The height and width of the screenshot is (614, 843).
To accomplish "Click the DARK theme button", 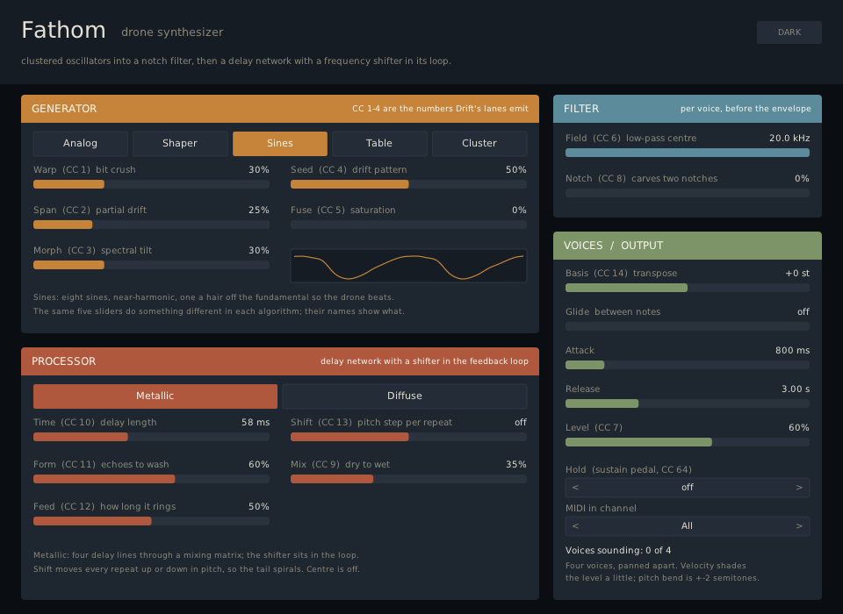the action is [x=789, y=32].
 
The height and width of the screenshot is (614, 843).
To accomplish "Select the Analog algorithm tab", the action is [x=80, y=144].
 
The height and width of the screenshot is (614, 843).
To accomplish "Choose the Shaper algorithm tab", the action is [x=179, y=144].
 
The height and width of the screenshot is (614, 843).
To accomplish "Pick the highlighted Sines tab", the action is [x=279, y=144].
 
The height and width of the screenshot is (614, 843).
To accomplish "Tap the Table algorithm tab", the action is [x=379, y=144].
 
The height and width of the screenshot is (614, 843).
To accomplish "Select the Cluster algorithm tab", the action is [x=479, y=144].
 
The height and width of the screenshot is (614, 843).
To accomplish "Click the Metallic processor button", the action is [x=155, y=396].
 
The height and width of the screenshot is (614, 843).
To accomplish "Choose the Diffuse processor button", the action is [x=404, y=396].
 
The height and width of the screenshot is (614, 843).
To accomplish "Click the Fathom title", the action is [x=63, y=30].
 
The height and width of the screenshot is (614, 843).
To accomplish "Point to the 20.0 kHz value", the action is [x=789, y=138].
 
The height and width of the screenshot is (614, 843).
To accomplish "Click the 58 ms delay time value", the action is [x=256, y=422].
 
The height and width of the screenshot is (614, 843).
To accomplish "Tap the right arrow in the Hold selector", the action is [x=799, y=487].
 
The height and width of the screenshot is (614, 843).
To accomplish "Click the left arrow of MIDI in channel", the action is [x=575, y=526].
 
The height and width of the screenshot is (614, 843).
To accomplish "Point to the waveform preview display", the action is [x=408, y=266].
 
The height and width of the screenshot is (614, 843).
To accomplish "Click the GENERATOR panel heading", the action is [x=64, y=109].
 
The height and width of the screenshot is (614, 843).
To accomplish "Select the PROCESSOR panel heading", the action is [x=63, y=361].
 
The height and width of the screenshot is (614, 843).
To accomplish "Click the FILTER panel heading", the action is [x=581, y=109].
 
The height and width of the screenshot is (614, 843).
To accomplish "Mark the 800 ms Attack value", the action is [x=792, y=350].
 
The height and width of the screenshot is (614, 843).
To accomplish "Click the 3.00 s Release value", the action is [x=796, y=389].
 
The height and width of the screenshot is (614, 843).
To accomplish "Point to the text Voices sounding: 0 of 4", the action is [x=617, y=550].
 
